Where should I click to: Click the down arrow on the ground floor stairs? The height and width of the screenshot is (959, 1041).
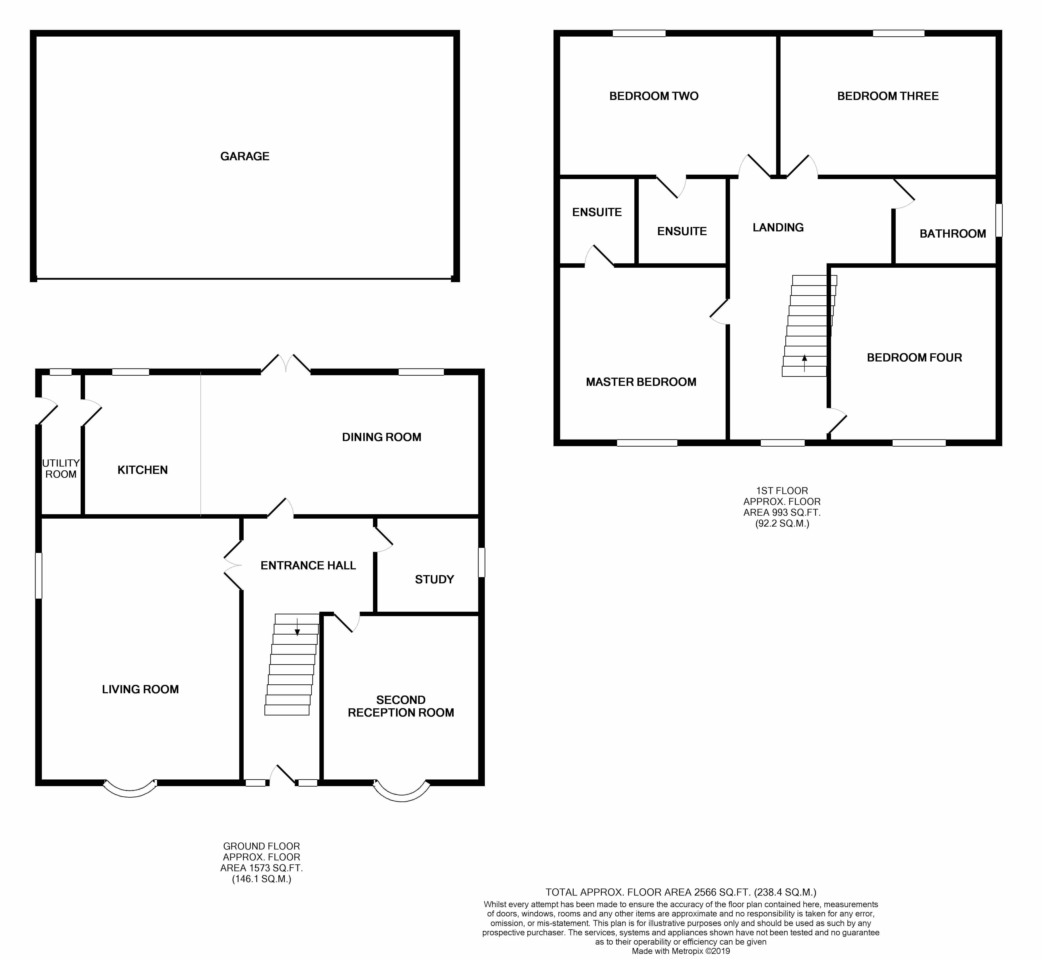coord(297,627)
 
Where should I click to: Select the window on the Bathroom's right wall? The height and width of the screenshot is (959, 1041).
coord(999,220)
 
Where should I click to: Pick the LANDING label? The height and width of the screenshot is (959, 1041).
coord(778,227)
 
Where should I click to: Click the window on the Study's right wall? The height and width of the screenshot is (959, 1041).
coord(481,562)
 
